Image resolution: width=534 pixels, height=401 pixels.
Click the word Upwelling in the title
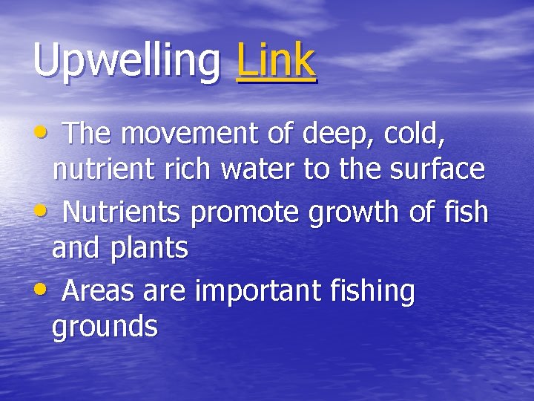(127, 61)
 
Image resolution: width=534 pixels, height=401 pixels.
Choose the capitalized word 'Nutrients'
(121, 212)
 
